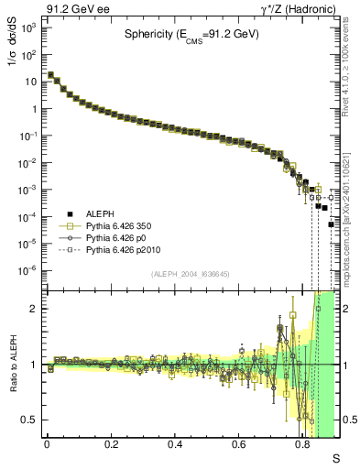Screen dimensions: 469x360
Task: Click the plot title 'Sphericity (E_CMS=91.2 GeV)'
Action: [191, 36]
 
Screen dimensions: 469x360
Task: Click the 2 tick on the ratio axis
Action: [36, 309]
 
